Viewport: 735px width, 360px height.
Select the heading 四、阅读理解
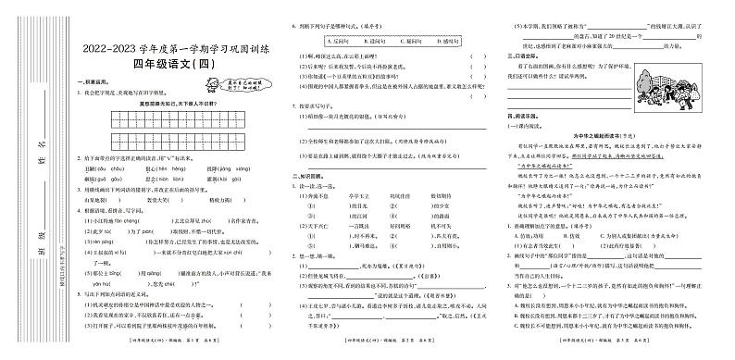(x=517, y=115)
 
